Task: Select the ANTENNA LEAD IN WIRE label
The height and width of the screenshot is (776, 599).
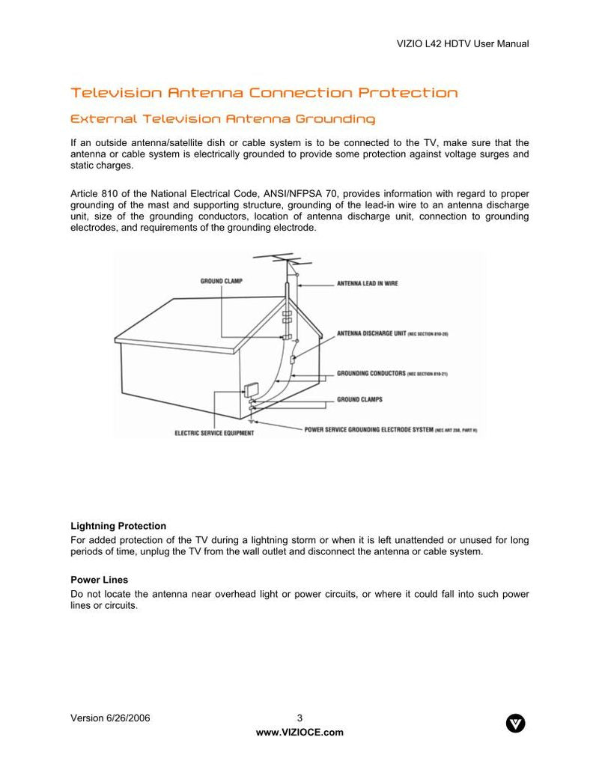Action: click(x=367, y=284)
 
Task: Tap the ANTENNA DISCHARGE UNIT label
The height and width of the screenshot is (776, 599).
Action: click(x=371, y=333)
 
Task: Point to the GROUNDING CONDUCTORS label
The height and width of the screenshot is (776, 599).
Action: click(x=371, y=373)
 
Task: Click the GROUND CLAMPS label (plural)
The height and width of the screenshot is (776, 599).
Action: click(x=359, y=399)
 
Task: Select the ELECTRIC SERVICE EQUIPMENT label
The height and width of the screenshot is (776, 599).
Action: click(x=213, y=433)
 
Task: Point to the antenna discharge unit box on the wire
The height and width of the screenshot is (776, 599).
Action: click(x=294, y=360)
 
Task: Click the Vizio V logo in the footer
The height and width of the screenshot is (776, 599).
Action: click(x=516, y=723)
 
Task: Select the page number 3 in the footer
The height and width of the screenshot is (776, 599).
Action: click(x=299, y=718)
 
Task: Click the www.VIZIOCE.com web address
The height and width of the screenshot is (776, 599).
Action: click(x=299, y=733)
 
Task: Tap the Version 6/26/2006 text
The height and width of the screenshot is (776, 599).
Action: click(x=110, y=718)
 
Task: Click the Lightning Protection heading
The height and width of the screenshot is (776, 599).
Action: click(x=118, y=526)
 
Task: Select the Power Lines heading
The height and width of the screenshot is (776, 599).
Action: click(x=99, y=580)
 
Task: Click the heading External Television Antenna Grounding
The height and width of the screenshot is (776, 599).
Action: click(x=222, y=119)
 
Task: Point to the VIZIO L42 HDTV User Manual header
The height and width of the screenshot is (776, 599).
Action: click(x=462, y=43)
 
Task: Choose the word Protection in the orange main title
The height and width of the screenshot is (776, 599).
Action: click(x=408, y=93)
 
